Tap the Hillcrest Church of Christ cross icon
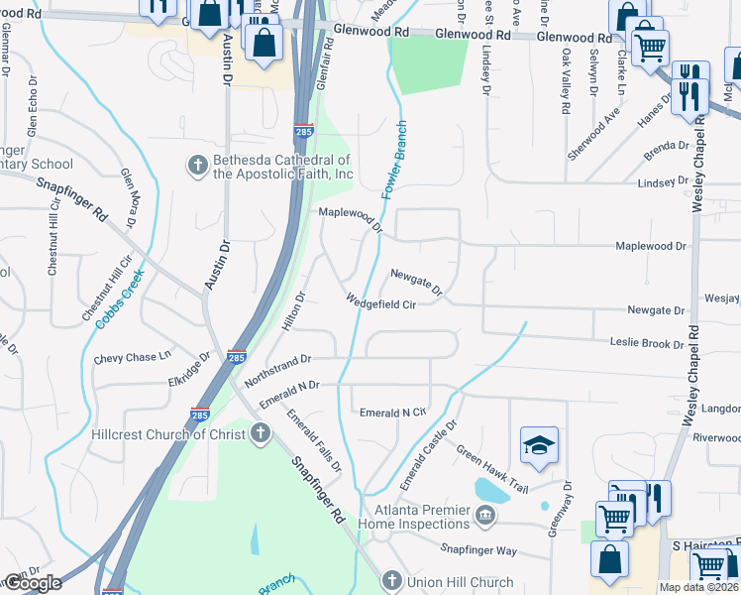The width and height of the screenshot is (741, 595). coord(260,433)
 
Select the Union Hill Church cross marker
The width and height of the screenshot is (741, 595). coord(391,581)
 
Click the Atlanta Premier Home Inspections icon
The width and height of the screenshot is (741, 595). coord(485,514)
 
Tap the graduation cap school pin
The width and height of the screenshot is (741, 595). coord(539,447)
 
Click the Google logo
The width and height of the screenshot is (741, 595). coord(33,583)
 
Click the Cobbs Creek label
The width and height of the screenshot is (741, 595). coord(115,295)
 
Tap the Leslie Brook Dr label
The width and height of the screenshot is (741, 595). coord(646,343)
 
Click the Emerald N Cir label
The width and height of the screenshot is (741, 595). coord(392,412)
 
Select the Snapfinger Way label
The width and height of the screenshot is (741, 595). coord(479,549)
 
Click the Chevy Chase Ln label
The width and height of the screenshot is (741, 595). coord(133,357)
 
